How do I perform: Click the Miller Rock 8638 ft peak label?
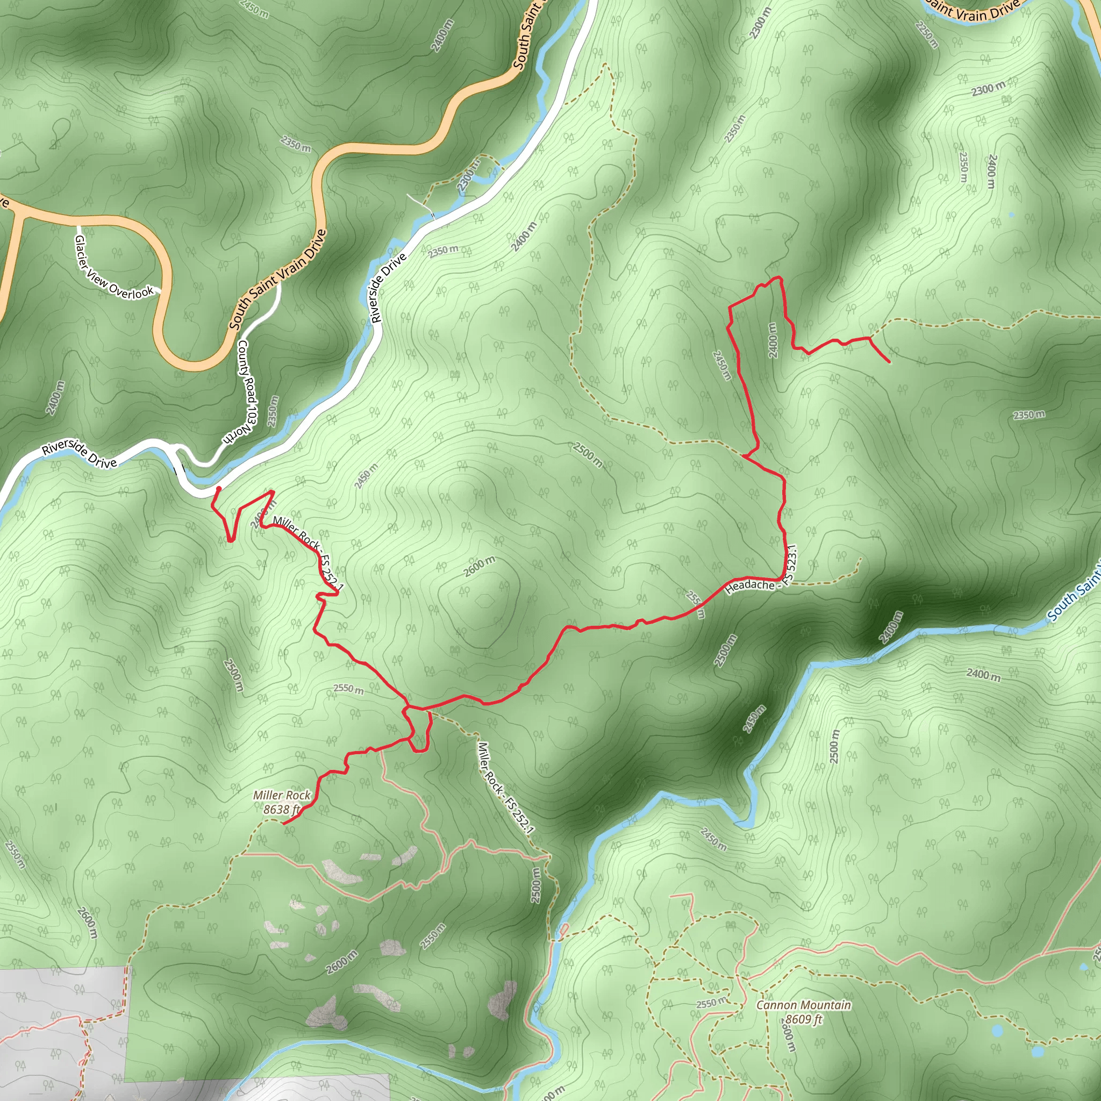click(282, 802)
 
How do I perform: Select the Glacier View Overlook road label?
click(114, 267)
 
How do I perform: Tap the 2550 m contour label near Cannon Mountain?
click(711, 1002)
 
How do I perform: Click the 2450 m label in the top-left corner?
click(254, 9)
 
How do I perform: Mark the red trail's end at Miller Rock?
click(284, 823)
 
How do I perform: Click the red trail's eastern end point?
click(889, 361)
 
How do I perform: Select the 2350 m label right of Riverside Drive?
click(444, 249)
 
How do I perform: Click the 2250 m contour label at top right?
click(926, 35)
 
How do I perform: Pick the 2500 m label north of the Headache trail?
click(588, 455)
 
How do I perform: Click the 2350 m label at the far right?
click(1029, 415)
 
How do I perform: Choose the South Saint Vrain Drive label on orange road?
click(277, 279)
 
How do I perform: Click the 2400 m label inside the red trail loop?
click(772, 340)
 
